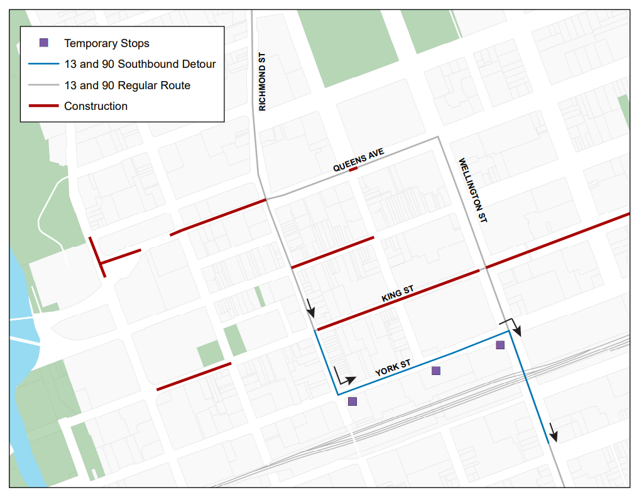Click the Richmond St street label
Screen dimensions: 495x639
[x=263, y=82]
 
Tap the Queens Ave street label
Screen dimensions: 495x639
[x=358, y=160]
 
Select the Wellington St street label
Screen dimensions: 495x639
[x=473, y=190]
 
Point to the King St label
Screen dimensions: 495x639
[x=398, y=294]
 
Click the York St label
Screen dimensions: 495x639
[x=393, y=368]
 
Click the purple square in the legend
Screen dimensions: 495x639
[x=43, y=43]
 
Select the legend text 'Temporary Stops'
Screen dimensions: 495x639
[x=107, y=43]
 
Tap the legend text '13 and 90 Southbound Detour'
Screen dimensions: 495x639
[x=139, y=64]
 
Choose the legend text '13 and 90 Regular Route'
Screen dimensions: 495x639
[x=127, y=85]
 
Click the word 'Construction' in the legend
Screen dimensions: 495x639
[x=96, y=106]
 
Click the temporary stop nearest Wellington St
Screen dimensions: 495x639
[x=500, y=345]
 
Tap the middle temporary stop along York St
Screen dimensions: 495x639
[x=436, y=371]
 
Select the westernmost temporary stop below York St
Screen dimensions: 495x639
[x=352, y=401]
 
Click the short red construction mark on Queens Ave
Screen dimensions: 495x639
[x=353, y=169]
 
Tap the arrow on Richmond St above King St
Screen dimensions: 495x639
[x=310, y=308]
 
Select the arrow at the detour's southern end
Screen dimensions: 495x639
[x=553, y=432]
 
